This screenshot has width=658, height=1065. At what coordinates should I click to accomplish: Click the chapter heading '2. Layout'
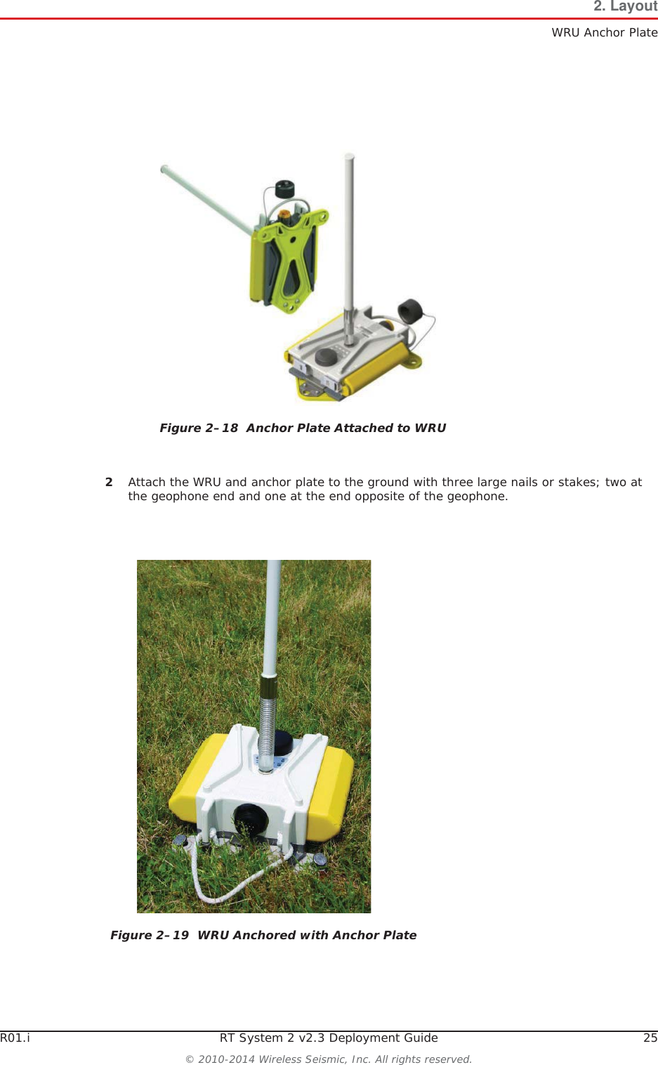click(625, 7)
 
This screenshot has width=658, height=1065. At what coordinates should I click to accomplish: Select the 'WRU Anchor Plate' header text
click(604, 32)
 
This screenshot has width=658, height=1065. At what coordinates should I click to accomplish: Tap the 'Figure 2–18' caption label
click(199, 428)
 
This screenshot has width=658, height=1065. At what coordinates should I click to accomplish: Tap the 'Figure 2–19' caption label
click(150, 935)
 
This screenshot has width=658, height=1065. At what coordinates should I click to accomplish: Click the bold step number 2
click(109, 482)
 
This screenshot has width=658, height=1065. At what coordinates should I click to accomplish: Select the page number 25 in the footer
click(650, 1038)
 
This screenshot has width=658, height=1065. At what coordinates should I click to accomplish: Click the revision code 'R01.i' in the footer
click(15, 1038)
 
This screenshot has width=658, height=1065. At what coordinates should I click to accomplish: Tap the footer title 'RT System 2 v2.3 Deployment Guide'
click(329, 1038)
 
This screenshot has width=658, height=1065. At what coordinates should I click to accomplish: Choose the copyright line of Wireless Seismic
click(329, 1059)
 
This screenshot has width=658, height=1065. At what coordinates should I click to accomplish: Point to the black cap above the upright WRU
click(284, 188)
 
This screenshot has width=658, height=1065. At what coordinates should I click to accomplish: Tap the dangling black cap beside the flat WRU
click(409, 310)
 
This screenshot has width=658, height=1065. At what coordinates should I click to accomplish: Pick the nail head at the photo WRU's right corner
click(320, 859)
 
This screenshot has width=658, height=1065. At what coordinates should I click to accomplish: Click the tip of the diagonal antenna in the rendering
click(164, 169)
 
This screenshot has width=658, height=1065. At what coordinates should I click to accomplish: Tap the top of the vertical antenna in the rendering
click(349, 158)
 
